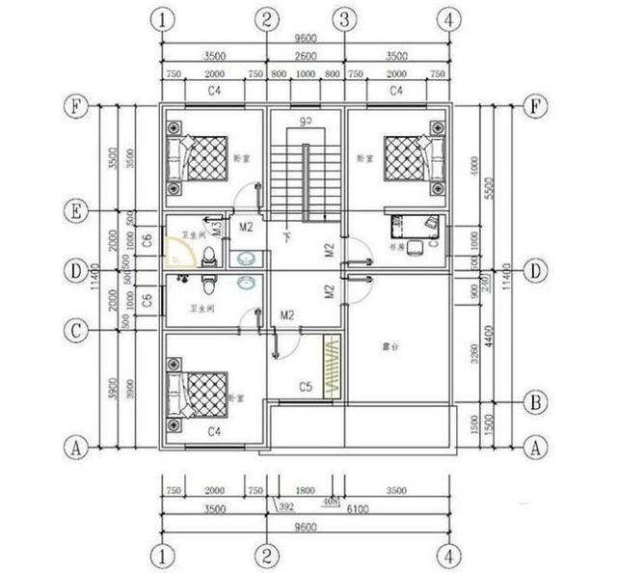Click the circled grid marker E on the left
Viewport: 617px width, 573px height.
tap(73, 210)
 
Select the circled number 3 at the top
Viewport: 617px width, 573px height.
tap(342, 19)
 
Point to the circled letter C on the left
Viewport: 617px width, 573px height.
tap(73, 331)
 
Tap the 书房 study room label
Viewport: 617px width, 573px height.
tap(394, 246)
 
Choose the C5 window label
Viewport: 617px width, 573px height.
tap(305, 387)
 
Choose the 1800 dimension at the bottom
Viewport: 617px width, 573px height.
tap(305, 491)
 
